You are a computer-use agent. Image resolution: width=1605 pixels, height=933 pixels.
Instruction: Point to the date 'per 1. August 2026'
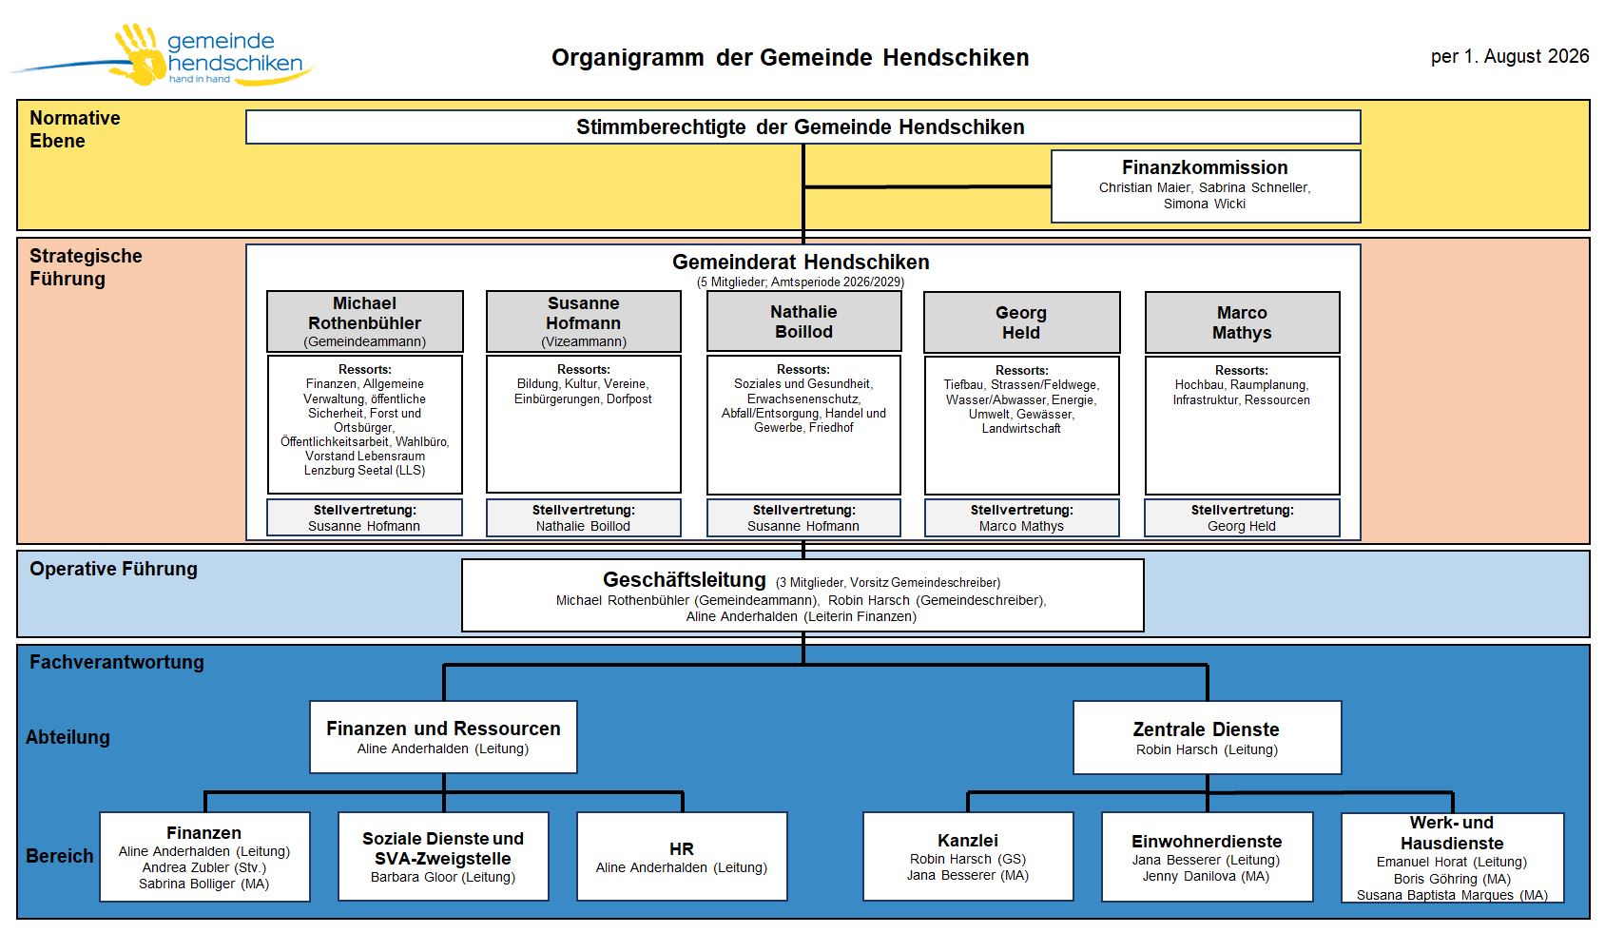(x=1510, y=56)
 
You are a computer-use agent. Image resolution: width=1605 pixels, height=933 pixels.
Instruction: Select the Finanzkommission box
(x=1206, y=186)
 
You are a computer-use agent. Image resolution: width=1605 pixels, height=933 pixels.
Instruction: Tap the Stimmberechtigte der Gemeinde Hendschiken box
(x=802, y=126)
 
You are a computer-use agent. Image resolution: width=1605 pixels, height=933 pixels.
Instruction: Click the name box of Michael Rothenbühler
(x=365, y=321)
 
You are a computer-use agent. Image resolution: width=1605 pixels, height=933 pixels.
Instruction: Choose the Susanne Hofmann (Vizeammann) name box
(x=583, y=321)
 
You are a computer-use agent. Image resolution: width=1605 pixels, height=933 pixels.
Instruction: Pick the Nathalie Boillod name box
(x=804, y=321)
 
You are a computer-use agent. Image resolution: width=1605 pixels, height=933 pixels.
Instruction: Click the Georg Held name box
(x=1022, y=322)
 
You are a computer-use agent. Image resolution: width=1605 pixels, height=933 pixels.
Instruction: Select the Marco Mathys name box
(x=1243, y=322)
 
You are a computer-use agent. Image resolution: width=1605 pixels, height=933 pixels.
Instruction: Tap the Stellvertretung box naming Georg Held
(x=1242, y=517)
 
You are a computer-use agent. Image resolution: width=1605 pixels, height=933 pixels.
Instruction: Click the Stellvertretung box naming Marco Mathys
(x=1022, y=517)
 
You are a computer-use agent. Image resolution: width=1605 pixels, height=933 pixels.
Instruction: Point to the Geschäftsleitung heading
(x=685, y=580)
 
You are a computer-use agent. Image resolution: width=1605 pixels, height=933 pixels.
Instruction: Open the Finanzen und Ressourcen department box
(x=443, y=737)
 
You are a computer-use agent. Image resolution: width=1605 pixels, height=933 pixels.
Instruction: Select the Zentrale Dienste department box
(x=1208, y=737)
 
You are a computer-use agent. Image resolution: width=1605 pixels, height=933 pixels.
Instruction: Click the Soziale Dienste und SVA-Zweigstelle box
(x=443, y=856)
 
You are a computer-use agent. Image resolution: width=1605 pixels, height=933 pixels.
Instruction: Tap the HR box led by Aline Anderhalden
(x=682, y=856)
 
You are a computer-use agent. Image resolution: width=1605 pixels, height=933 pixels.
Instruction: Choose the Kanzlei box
(x=968, y=856)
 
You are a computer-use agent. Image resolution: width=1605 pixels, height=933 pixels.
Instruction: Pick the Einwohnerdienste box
(x=1208, y=857)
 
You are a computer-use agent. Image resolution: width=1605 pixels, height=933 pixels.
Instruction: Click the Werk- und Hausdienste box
(x=1452, y=857)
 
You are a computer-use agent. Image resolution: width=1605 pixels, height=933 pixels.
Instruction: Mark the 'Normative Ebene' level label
(x=74, y=129)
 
